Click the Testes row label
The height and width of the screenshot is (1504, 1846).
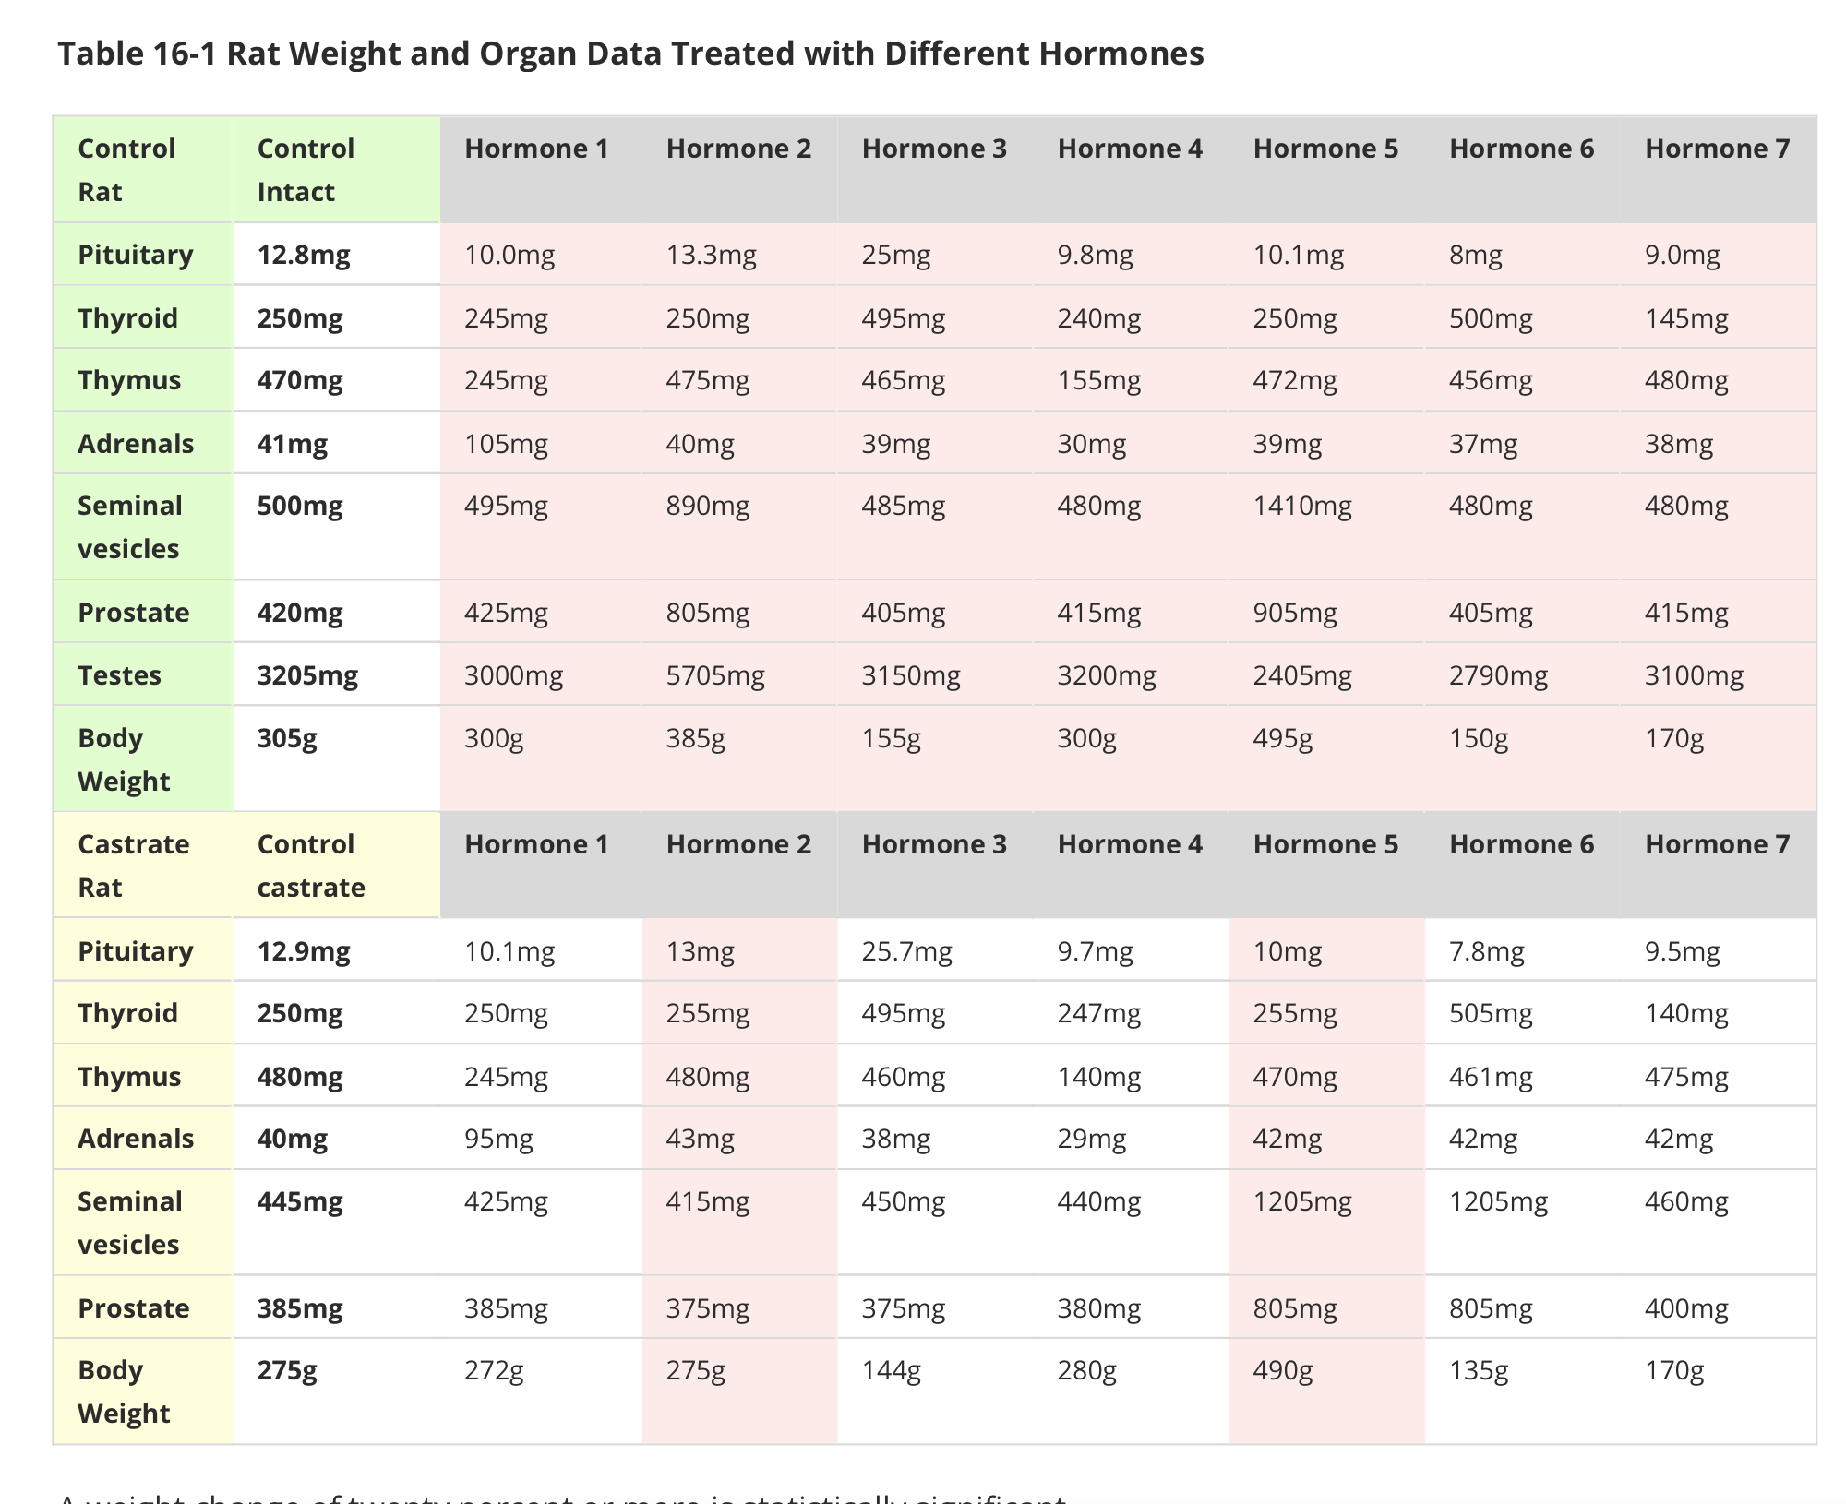[119, 675]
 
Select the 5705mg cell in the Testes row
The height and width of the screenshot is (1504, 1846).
[715, 675]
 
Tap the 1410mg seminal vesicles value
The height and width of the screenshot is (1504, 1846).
[1301, 506]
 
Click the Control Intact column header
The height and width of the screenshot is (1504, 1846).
[306, 170]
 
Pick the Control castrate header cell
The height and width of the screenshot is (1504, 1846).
[311, 865]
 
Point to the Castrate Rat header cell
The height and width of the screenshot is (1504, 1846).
[133, 865]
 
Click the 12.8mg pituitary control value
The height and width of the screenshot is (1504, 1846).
[304, 255]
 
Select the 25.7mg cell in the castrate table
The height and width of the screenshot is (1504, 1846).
[906, 951]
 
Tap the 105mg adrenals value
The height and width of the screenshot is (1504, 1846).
[506, 444]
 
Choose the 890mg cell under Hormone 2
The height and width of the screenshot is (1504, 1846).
[707, 506]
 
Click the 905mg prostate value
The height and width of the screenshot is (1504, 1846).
[1294, 613]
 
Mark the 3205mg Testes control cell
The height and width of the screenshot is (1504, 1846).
[307, 675]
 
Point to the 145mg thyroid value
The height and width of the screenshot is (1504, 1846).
[1686, 318]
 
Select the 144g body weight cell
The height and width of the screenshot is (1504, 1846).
[891, 1371]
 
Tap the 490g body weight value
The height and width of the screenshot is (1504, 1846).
[1282, 1371]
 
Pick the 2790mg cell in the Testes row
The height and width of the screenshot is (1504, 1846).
[1498, 675]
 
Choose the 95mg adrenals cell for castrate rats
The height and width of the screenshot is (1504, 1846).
[498, 1139]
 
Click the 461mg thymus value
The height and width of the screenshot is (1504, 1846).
[1490, 1077]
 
